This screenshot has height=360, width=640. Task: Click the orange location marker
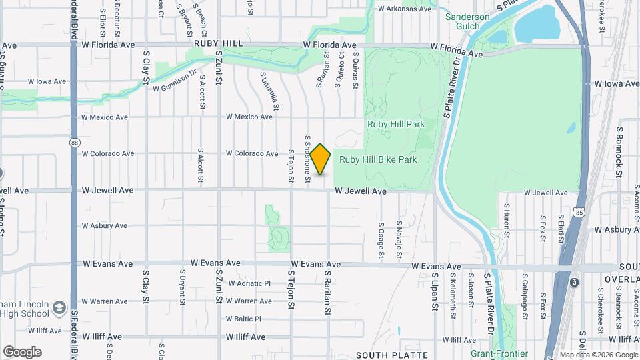click(320, 159)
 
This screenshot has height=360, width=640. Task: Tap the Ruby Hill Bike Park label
click(378, 159)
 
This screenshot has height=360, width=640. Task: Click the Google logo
click(22, 351)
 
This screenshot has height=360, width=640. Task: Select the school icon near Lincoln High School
click(59, 307)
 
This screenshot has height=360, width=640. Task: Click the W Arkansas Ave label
click(405, 9)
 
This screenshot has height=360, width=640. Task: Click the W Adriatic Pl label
click(249, 283)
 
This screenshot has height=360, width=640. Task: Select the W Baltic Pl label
click(243, 319)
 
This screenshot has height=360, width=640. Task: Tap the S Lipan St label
click(433, 285)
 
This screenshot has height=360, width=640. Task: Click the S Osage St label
click(381, 240)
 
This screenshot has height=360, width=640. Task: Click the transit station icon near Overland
click(573, 282)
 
